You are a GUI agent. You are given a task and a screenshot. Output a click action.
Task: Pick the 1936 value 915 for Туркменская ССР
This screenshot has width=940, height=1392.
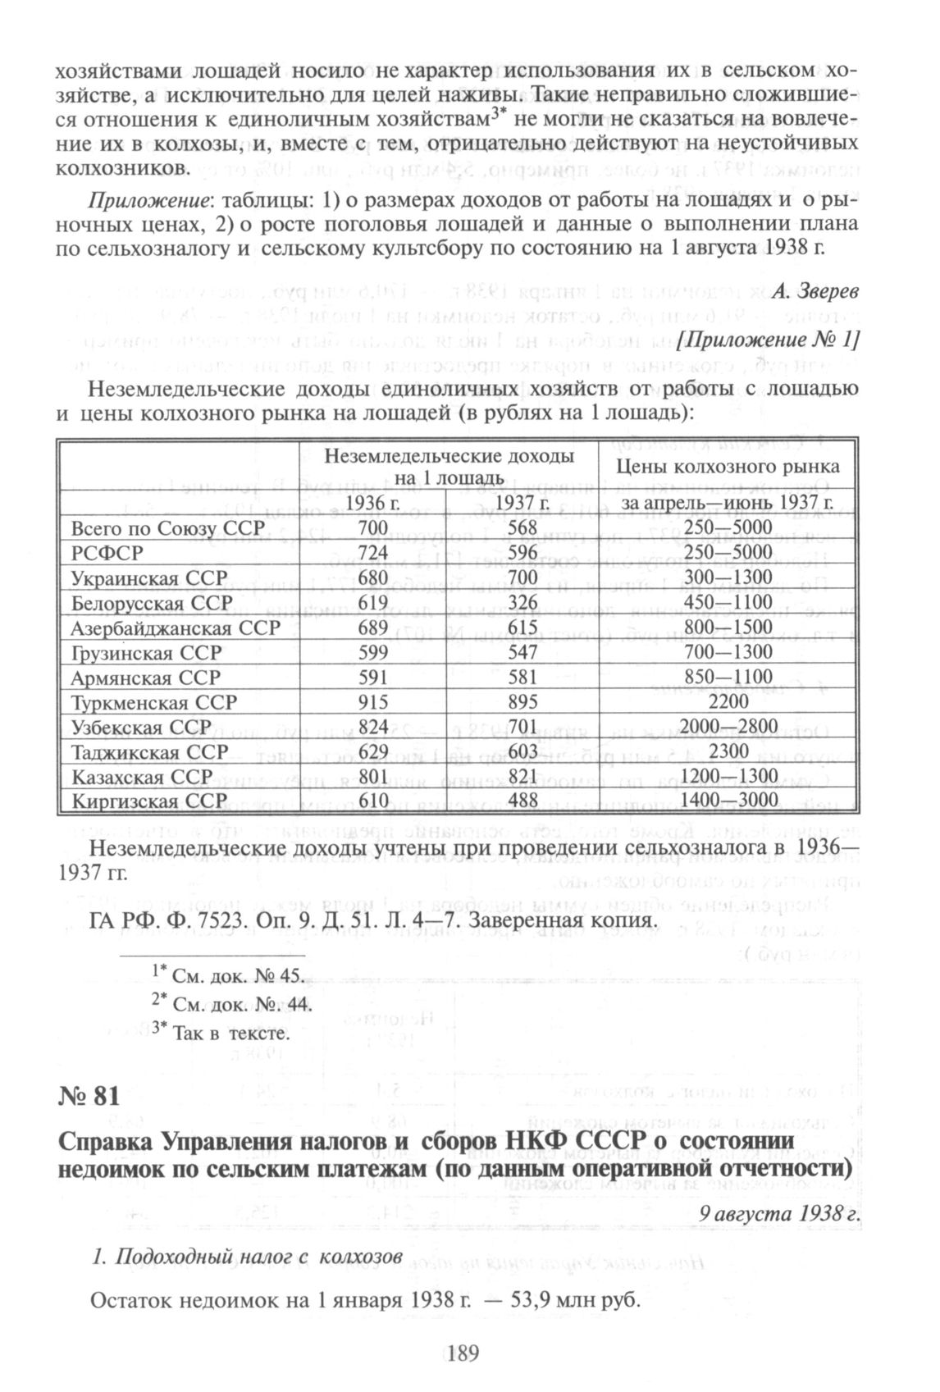pyautogui.click(x=373, y=702)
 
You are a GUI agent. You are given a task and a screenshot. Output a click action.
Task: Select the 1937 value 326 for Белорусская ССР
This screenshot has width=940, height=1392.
pyautogui.click(x=522, y=603)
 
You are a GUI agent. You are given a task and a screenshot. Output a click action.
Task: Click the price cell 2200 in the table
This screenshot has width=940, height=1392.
pyautogui.click(x=728, y=702)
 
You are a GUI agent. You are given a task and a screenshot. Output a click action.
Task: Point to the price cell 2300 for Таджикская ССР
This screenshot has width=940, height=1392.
pyautogui.click(x=728, y=751)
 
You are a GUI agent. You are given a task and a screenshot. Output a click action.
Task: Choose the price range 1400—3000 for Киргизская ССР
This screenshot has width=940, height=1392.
pyautogui.click(x=728, y=801)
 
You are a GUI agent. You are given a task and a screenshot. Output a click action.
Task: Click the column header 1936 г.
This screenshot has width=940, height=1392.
pyautogui.click(x=373, y=501)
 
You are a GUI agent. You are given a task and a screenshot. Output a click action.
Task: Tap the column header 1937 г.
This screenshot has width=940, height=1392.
pyautogui.click(x=522, y=501)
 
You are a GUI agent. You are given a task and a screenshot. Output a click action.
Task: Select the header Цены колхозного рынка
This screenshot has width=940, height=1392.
pyautogui.click(x=728, y=466)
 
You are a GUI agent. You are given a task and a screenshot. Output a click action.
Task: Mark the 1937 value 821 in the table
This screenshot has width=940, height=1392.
pyautogui.click(x=522, y=776)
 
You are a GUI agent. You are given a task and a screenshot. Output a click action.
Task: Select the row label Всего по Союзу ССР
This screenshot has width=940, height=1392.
pyautogui.click(x=158, y=529)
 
